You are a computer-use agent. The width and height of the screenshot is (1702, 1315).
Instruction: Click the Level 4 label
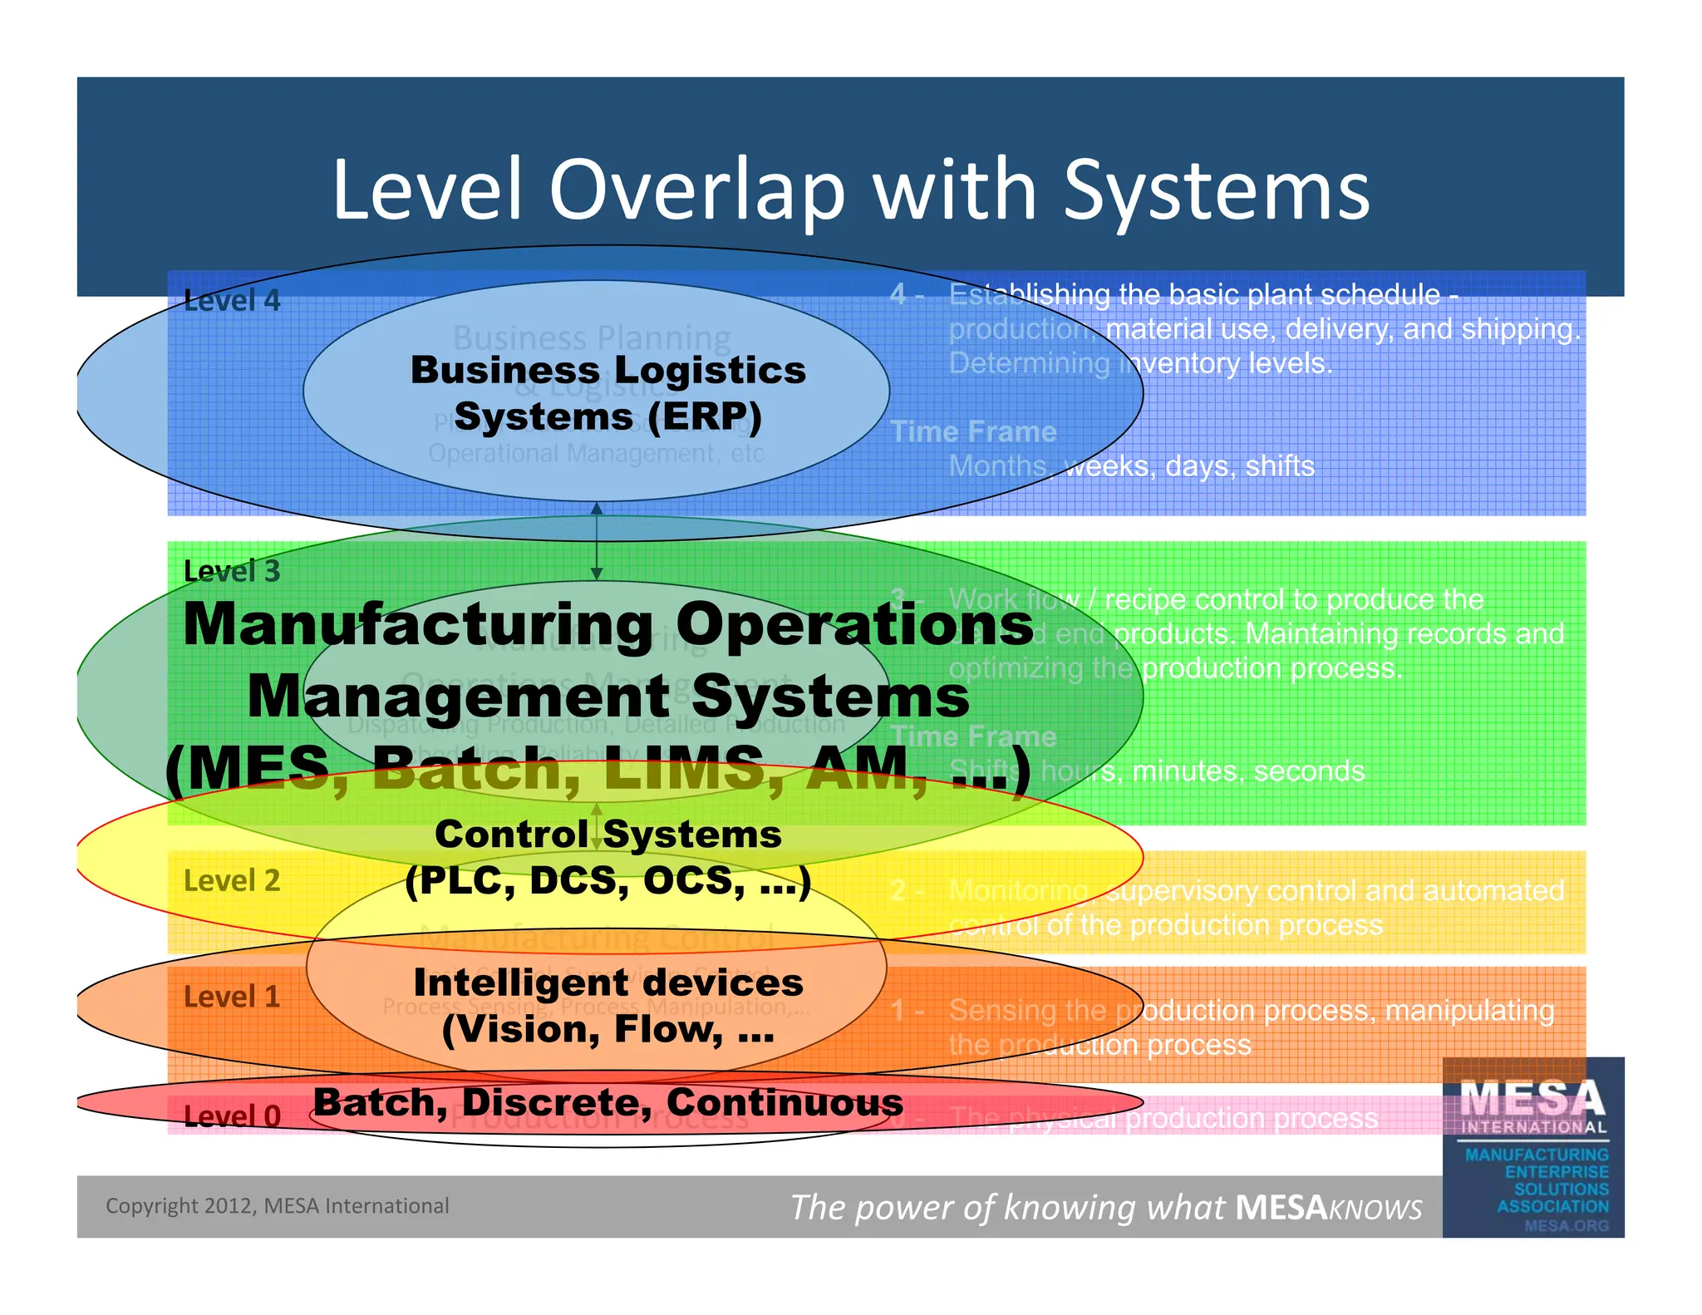[x=232, y=301]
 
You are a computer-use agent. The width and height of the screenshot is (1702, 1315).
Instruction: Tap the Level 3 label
[x=232, y=571]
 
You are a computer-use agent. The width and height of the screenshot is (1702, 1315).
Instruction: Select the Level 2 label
[x=232, y=880]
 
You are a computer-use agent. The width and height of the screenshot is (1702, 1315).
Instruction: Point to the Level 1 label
[x=232, y=996]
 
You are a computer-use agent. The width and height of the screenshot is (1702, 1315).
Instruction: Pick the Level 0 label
[x=232, y=1116]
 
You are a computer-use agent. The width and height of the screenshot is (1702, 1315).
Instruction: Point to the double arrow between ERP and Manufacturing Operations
[x=596, y=540]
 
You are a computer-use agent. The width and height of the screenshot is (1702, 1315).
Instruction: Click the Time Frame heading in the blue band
[x=973, y=431]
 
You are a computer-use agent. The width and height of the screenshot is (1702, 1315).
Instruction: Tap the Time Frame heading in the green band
[x=973, y=736]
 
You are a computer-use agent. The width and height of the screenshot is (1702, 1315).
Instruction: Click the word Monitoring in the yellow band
[x=1019, y=890]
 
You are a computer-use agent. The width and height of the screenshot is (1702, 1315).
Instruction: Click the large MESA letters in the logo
[x=1532, y=1099]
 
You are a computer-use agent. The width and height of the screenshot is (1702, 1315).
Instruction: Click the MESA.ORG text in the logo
[x=1567, y=1225]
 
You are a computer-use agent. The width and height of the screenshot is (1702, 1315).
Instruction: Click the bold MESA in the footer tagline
[x=1281, y=1208]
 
